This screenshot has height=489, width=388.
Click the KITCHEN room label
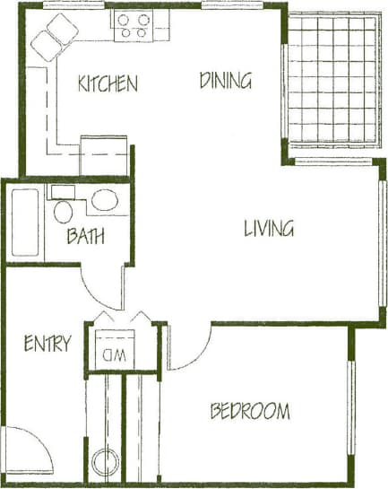click(x=108, y=84)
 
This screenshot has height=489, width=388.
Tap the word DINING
click(x=225, y=81)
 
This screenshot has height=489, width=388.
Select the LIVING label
click(x=269, y=229)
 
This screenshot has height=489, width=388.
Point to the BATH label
click(x=85, y=237)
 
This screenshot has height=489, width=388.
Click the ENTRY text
click(x=47, y=344)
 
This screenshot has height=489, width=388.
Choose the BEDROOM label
click(x=250, y=412)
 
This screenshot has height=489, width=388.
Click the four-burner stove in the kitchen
click(x=133, y=25)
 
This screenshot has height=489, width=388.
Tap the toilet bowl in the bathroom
click(x=64, y=212)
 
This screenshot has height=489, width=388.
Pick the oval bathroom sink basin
click(x=104, y=201)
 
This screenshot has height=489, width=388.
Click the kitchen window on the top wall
click(x=75, y=5)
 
